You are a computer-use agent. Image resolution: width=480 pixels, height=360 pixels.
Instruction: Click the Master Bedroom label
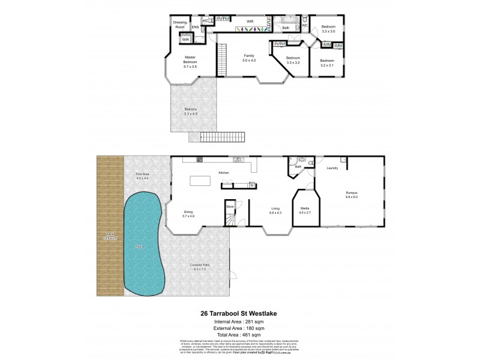tap(191, 61)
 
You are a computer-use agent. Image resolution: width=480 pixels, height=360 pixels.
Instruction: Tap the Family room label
tap(248, 58)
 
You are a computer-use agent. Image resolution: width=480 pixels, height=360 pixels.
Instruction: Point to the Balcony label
tap(191, 110)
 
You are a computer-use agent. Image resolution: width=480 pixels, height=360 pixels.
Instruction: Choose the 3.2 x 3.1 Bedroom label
tap(327, 62)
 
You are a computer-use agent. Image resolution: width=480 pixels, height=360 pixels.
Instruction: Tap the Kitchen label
tap(224, 173)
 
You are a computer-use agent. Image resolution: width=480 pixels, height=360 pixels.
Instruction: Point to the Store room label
tap(229, 206)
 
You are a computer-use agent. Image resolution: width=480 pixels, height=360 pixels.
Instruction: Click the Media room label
tap(305, 211)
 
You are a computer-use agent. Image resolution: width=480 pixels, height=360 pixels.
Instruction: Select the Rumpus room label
tap(352, 195)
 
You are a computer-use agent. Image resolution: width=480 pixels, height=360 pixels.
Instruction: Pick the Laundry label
tap(332, 168)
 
